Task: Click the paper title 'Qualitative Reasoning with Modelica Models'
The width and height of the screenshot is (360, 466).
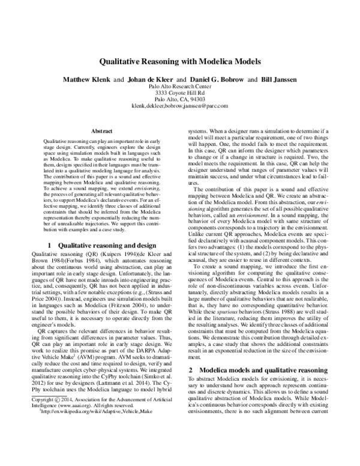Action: [x=180, y=61]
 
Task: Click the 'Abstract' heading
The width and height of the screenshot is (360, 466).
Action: [x=99, y=130]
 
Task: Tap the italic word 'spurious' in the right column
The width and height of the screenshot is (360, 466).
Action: [x=220, y=313]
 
